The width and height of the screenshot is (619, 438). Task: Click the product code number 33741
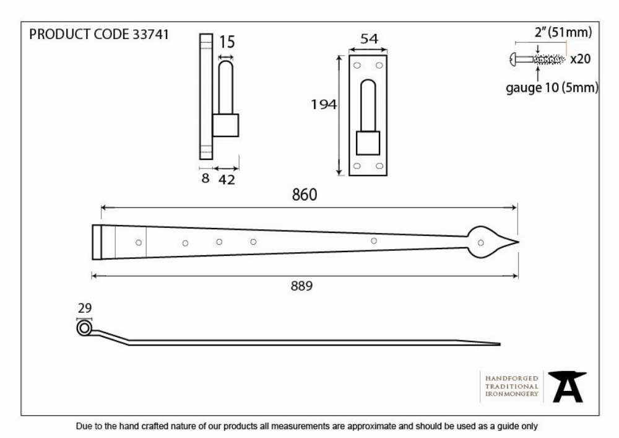(x=150, y=34)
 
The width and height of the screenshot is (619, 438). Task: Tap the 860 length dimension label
(x=305, y=195)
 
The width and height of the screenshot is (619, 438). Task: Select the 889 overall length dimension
(x=301, y=286)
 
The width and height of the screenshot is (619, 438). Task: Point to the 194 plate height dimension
(x=324, y=105)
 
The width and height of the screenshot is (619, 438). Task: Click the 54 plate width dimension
(x=369, y=38)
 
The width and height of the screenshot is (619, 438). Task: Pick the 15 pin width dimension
(x=227, y=42)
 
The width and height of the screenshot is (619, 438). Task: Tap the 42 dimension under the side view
(x=227, y=180)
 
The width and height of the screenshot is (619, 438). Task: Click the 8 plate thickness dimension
(x=206, y=178)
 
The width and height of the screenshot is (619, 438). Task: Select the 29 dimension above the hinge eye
(x=84, y=308)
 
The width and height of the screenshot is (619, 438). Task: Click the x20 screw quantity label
(x=581, y=59)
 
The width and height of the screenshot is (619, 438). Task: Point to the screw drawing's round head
(x=513, y=59)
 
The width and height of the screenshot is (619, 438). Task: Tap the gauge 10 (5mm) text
(x=552, y=87)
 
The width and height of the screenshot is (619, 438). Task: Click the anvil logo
(x=567, y=387)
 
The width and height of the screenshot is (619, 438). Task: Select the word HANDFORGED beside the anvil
(x=512, y=379)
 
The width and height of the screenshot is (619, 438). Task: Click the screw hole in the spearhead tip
(x=481, y=243)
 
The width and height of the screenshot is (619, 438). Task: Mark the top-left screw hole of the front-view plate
(x=357, y=65)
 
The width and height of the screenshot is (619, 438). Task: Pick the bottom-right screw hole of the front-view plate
(x=379, y=166)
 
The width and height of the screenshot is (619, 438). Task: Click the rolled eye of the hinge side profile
(x=84, y=328)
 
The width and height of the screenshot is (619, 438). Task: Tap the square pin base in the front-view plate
(x=368, y=143)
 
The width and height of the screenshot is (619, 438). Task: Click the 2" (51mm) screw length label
(x=563, y=32)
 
